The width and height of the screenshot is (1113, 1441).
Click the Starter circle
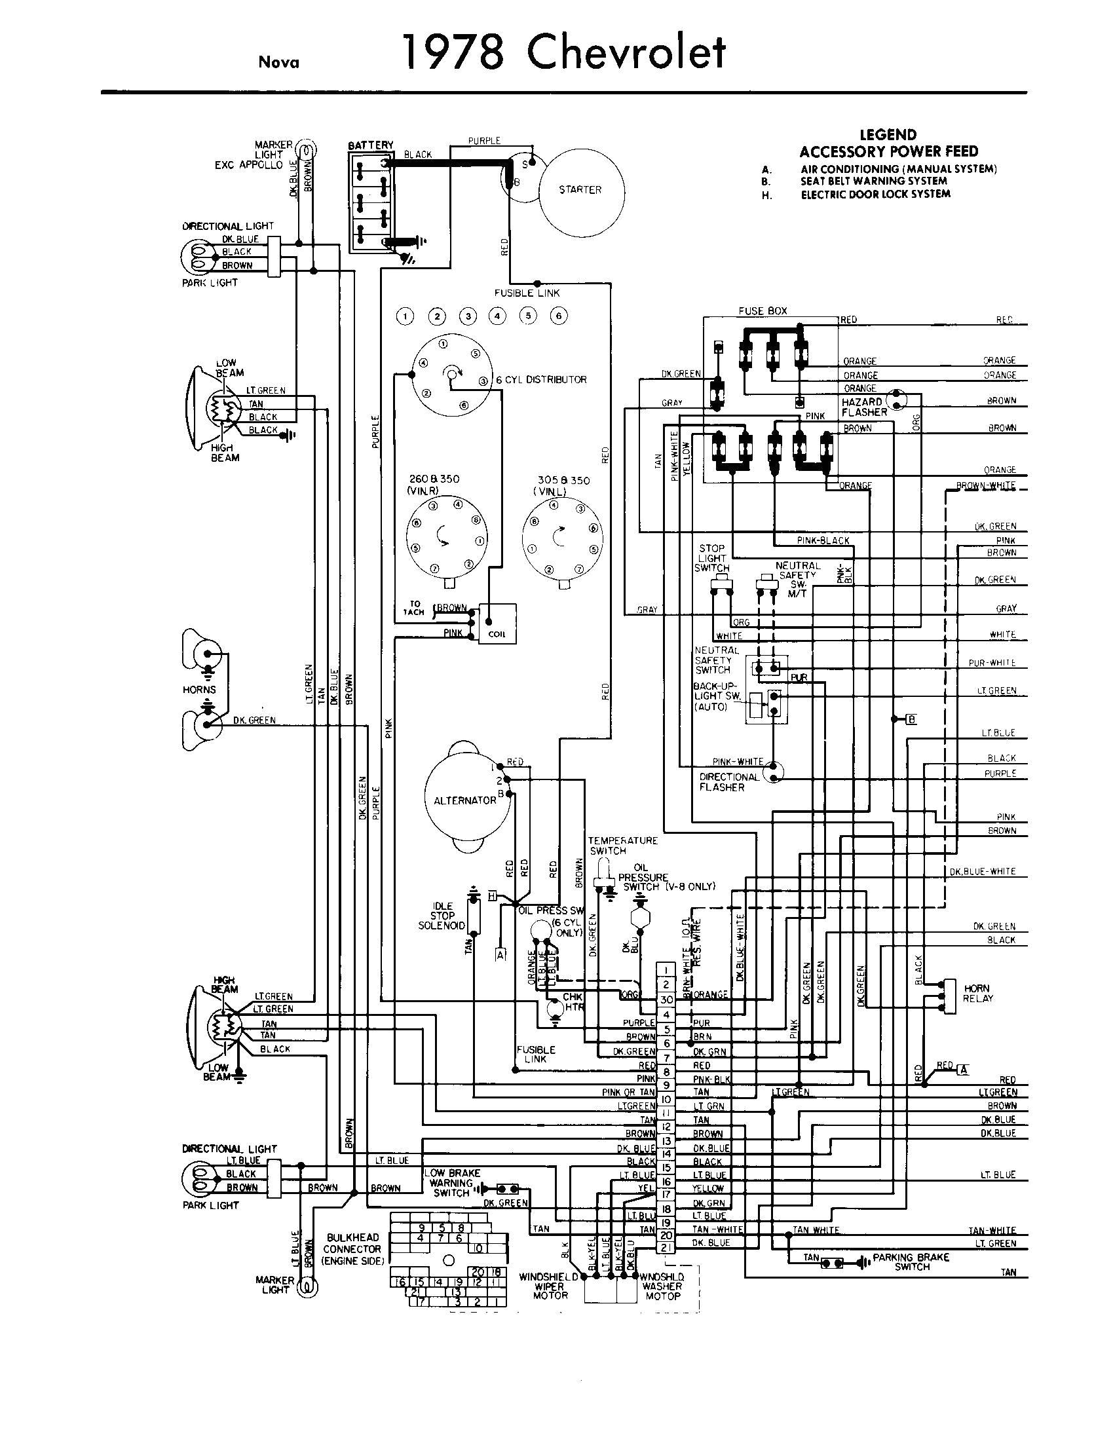pos(580,189)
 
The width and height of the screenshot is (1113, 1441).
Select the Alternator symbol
pos(464,800)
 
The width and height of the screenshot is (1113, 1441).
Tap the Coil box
pos(497,624)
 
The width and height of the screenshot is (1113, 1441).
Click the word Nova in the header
pos(278,63)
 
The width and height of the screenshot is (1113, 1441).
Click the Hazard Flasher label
pos(862,407)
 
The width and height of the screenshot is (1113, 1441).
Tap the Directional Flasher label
pos(728,782)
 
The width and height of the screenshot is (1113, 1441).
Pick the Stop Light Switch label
pos(712,557)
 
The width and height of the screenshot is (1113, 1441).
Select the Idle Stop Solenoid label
pos(437,915)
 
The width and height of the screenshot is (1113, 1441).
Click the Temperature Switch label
pos(623,845)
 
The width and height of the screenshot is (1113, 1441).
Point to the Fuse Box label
pos(763,310)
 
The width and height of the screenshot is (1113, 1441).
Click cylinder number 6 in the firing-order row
pos(558,316)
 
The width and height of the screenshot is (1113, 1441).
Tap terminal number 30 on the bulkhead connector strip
pos(666,1000)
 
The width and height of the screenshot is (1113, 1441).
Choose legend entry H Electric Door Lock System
pos(875,194)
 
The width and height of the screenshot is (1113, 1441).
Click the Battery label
pos(370,145)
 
